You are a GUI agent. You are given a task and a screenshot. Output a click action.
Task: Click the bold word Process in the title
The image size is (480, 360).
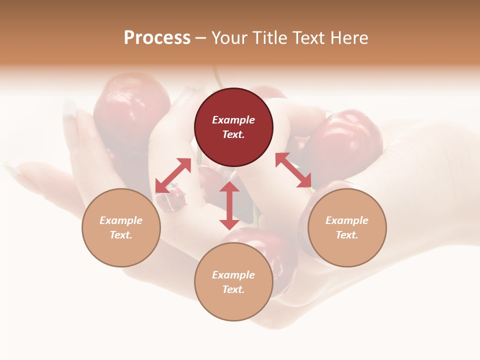(157, 38)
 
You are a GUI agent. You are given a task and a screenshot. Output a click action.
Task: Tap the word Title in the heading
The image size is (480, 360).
(270, 38)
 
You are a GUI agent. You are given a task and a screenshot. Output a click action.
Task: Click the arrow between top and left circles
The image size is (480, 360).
(173, 175)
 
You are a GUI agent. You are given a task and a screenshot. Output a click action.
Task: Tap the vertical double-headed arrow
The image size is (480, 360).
(229, 205)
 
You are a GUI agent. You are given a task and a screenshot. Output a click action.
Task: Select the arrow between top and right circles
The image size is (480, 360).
(293, 170)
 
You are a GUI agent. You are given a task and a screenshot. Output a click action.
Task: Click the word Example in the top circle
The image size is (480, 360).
(233, 120)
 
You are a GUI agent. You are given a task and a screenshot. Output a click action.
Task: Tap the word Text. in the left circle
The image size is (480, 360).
(121, 235)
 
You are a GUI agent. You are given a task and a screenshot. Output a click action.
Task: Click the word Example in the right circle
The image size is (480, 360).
(347, 220)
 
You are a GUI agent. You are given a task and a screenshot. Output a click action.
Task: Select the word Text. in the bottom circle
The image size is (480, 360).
(233, 289)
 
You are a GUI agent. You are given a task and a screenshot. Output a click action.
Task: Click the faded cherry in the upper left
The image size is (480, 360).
(131, 105)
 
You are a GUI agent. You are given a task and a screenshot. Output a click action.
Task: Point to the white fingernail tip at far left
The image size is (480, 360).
(69, 107)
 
